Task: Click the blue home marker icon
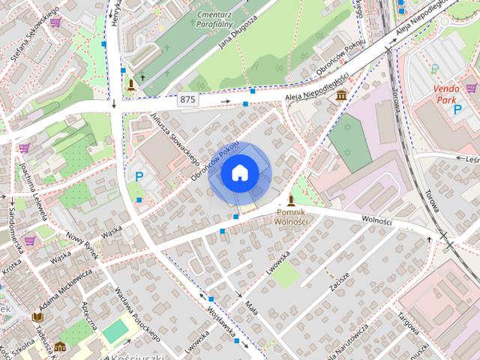pos(239,172)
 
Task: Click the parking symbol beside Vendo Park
pos(457,110)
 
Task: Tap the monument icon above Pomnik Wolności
pos(292,200)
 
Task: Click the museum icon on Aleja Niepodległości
pos(342,95)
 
